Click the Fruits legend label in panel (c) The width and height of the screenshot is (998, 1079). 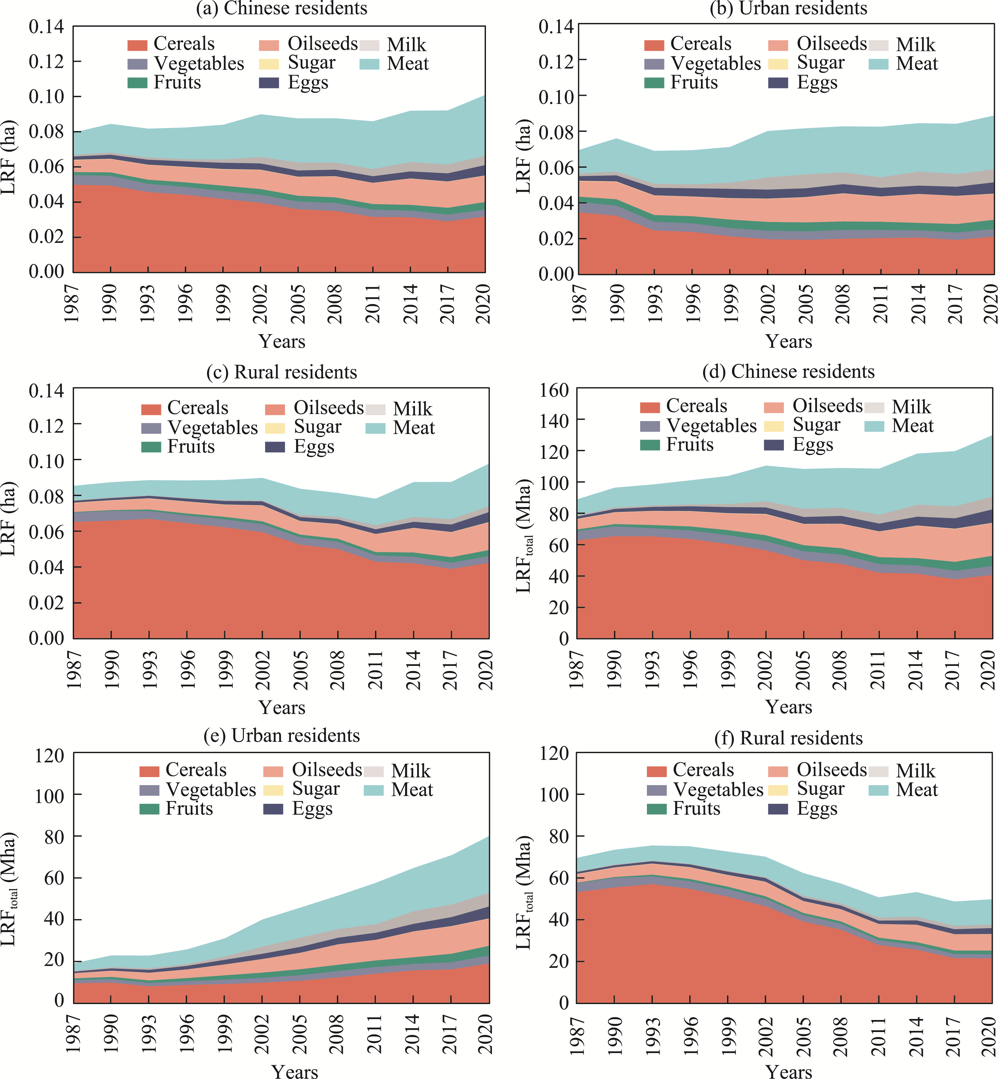191,447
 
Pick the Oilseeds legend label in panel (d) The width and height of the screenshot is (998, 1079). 827,405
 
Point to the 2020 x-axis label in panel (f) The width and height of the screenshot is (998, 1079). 989,1034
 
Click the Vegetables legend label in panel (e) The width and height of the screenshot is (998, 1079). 211,790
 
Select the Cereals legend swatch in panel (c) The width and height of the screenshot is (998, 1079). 151,409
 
